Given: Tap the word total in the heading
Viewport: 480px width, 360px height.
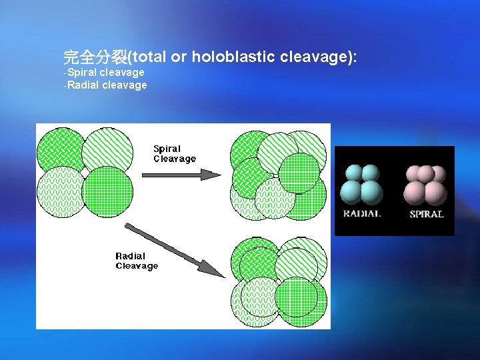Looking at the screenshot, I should (x=150, y=57).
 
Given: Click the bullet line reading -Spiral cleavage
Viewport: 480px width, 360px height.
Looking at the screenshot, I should (x=103, y=72).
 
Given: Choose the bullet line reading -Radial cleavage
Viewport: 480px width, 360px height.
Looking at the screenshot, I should (x=105, y=85).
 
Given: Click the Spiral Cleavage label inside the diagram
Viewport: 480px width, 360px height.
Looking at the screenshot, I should (x=175, y=154).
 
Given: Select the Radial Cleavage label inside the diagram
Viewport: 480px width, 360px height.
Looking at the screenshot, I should (x=137, y=261).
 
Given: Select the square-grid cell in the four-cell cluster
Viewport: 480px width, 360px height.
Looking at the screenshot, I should (x=107, y=191).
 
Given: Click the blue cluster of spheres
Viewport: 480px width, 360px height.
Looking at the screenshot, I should (x=361, y=185).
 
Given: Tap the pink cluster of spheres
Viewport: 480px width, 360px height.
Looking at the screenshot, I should (x=426, y=185).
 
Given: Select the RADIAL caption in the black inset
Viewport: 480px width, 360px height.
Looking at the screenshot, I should (x=362, y=214).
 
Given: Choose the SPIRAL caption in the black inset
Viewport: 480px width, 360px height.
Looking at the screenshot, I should (x=426, y=214).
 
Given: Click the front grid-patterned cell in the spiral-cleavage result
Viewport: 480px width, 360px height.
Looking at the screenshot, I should (x=299, y=173).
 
